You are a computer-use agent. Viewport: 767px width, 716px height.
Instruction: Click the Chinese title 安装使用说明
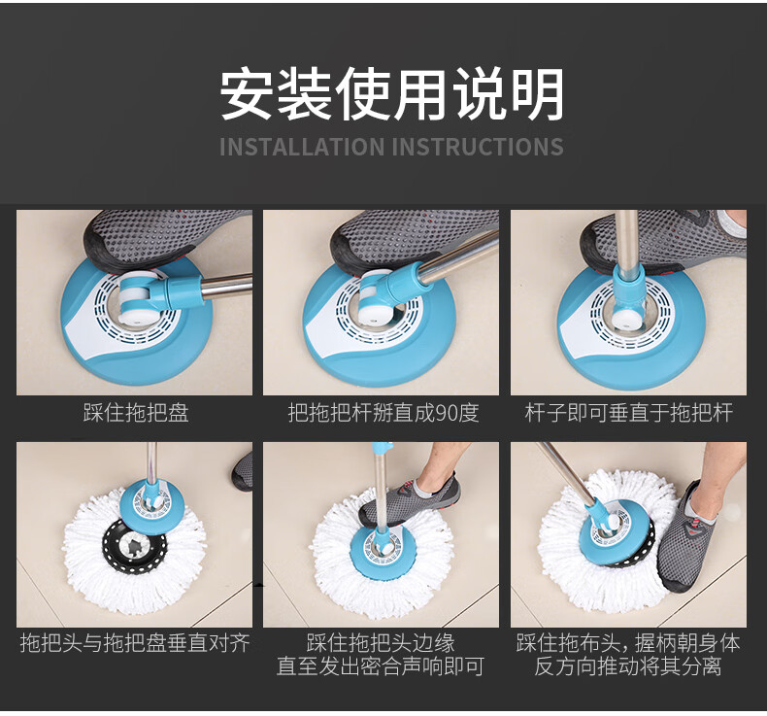[x=392, y=94]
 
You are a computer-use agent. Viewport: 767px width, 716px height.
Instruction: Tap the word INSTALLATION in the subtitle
[x=302, y=147]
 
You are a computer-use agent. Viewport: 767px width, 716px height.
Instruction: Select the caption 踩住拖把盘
[x=136, y=413]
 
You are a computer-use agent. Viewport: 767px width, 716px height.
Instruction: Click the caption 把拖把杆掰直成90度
[x=383, y=413]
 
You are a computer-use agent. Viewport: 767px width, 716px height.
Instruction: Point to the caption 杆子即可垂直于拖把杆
[x=628, y=413]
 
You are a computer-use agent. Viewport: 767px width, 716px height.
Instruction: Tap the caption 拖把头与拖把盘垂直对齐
[x=135, y=642]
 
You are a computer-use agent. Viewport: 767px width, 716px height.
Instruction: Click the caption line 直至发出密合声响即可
[x=381, y=666]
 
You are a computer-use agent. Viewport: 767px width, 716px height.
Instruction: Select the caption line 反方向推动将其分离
[x=628, y=666]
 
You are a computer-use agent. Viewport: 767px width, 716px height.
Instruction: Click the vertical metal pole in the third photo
[x=626, y=239]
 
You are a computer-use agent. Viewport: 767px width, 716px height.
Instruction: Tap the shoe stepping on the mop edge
[x=411, y=499]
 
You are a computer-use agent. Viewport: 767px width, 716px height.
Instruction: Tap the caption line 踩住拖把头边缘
[x=381, y=642]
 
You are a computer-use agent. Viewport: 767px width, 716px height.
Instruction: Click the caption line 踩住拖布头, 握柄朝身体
[x=628, y=642]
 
